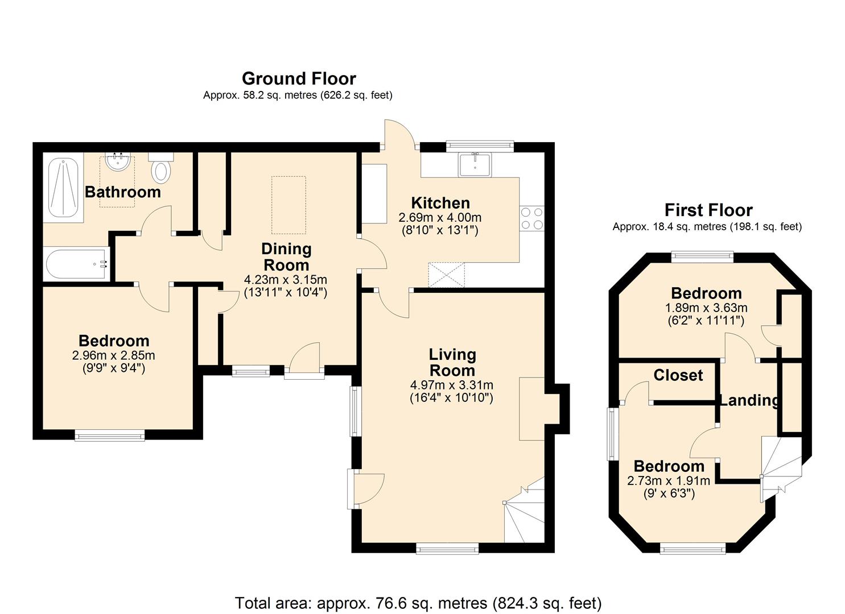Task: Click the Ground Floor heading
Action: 299,79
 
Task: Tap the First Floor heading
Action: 708,210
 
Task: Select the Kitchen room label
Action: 440,203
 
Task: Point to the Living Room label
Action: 452,363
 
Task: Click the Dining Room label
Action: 286,257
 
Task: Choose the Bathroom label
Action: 122,192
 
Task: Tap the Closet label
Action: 678,375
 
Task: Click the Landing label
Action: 749,400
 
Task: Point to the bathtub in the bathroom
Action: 76,264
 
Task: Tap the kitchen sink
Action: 475,165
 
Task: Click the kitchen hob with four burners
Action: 532,218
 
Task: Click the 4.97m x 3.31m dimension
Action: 452,385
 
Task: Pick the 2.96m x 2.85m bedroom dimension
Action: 114,355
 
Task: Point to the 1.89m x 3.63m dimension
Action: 706,308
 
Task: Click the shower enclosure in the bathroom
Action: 63,188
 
